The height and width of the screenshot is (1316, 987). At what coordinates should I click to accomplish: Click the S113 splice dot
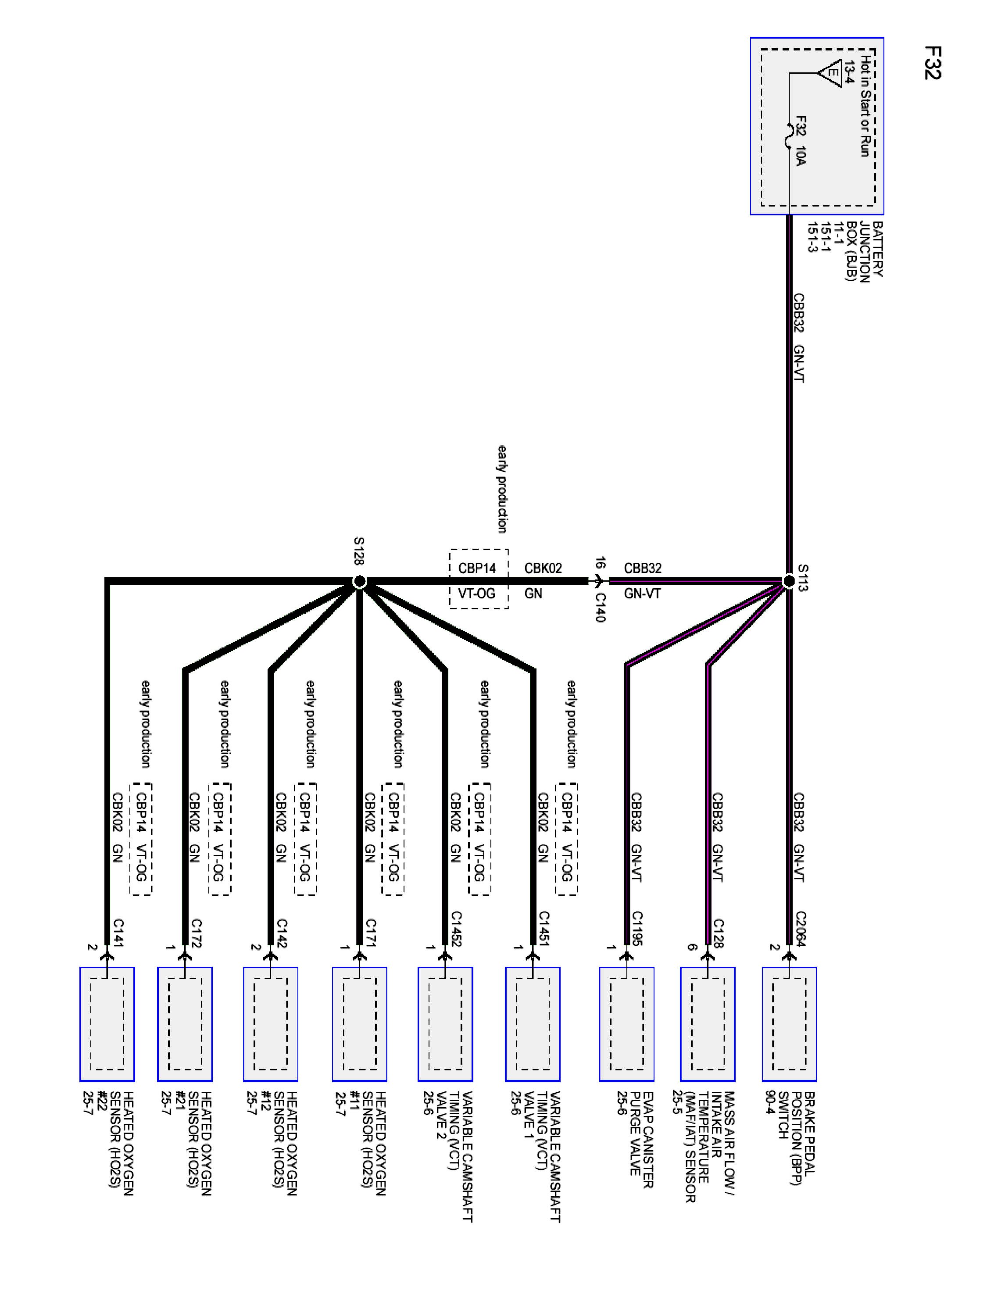point(788,581)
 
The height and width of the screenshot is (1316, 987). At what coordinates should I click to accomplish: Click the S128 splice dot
point(359,581)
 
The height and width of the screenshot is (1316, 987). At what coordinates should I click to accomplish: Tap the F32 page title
point(932,62)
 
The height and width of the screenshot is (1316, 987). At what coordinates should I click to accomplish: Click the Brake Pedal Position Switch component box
point(789,1024)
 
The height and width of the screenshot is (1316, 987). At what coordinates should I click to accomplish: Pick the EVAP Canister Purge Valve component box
point(626,1024)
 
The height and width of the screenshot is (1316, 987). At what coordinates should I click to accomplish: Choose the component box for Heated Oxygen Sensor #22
point(107,1024)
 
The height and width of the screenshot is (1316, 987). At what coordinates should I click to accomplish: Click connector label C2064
point(800,928)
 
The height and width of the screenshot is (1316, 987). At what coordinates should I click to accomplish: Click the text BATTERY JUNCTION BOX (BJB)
point(858,249)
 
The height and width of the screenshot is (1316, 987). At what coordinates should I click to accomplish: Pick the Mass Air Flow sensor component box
point(708,1024)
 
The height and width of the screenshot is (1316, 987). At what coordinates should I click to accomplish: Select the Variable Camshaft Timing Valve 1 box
point(533,1024)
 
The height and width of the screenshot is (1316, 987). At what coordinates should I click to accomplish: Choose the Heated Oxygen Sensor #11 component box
point(359,1024)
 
